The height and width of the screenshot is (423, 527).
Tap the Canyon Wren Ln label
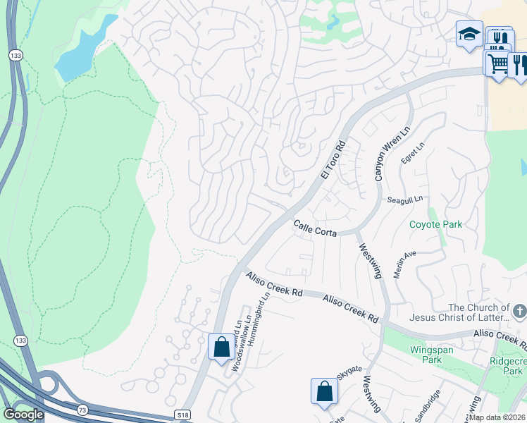click(383, 154)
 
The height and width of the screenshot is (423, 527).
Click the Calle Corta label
click(315, 228)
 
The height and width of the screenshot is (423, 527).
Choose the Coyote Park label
click(436, 225)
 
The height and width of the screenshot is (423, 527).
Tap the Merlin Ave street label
click(405, 264)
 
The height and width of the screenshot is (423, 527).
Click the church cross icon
click(519, 310)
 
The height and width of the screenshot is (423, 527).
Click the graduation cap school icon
click(468, 33)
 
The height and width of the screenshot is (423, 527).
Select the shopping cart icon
click(497, 63)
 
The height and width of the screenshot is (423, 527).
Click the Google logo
click(23, 415)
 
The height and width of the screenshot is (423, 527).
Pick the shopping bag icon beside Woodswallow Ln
click(221, 347)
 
